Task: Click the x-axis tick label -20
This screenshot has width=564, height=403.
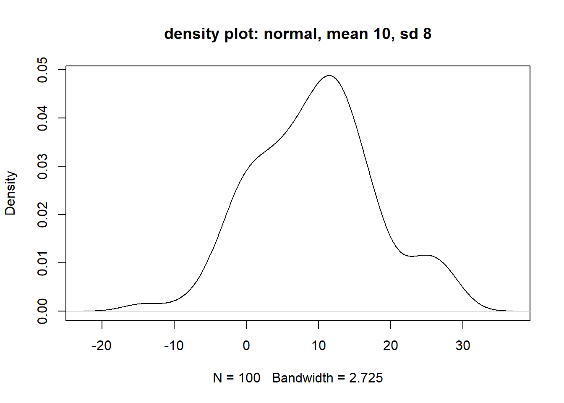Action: (x=102, y=345)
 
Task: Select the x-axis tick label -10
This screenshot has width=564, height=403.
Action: (x=174, y=345)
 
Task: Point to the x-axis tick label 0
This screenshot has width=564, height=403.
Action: (x=246, y=345)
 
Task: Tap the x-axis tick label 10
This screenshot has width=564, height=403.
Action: (x=319, y=345)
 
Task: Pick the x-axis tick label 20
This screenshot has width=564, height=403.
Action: (x=391, y=345)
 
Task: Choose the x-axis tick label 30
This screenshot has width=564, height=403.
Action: (x=463, y=345)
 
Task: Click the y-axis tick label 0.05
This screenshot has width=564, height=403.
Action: (x=43, y=70)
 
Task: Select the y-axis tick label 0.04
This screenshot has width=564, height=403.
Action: (x=43, y=118)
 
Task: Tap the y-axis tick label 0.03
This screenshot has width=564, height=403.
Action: (x=43, y=166)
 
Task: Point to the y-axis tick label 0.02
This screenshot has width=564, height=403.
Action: (x=43, y=215)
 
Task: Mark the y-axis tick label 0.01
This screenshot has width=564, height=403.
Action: (x=43, y=263)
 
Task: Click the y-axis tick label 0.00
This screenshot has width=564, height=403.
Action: (x=43, y=311)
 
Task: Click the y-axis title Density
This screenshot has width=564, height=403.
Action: (x=10, y=193)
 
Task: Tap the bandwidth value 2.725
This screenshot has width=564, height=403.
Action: (x=366, y=378)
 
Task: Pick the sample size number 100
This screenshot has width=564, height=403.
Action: (x=249, y=378)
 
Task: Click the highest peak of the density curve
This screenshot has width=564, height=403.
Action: (x=329, y=76)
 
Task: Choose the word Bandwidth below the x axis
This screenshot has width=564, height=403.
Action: (x=303, y=378)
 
